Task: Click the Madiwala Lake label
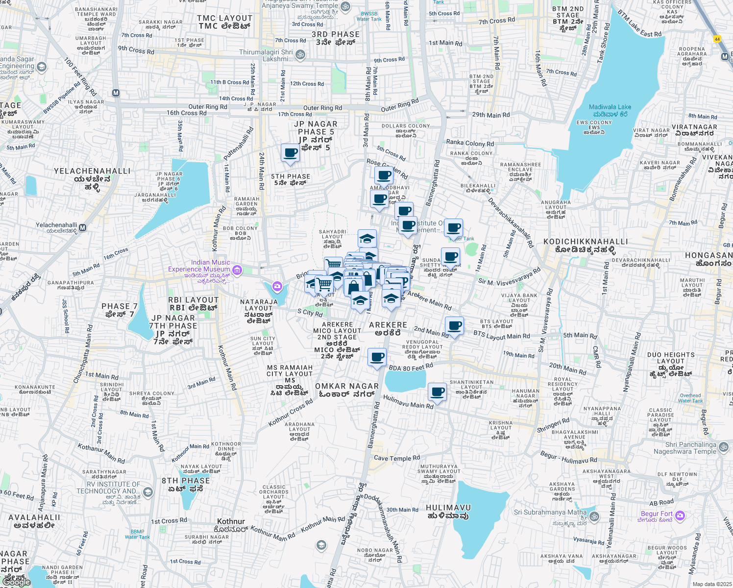coord(610,107)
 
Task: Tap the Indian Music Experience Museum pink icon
coord(237,269)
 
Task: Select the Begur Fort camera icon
coord(680,515)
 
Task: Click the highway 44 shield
coord(717,39)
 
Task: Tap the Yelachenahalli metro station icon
coord(83,227)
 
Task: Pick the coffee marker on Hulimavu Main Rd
coord(437,392)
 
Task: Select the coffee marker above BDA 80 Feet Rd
coord(377,357)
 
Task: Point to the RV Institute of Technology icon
coord(148,492)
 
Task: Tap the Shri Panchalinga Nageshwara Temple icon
coord(724,448)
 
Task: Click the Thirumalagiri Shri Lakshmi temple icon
coord(301,55)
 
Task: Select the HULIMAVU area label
coord(448,512)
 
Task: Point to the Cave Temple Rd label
coord(396,458)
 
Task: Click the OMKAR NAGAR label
coord(347,390)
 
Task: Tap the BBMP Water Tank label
coord(137,534)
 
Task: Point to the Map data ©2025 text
coord(711,584)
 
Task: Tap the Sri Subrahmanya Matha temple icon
coord(594,516)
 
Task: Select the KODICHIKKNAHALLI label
coord(586,245)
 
